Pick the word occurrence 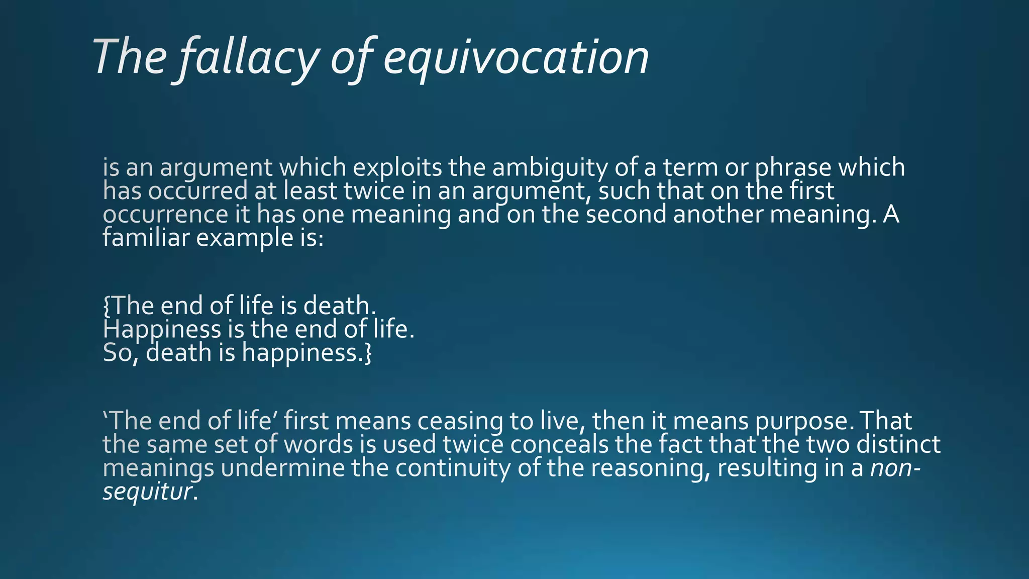tap(165, 215)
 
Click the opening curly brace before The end tap(107, 306)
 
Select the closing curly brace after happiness tap(368, 353)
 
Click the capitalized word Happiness tap(162, 330)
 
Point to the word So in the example tap(120, 353)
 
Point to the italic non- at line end tap(895, 468)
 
